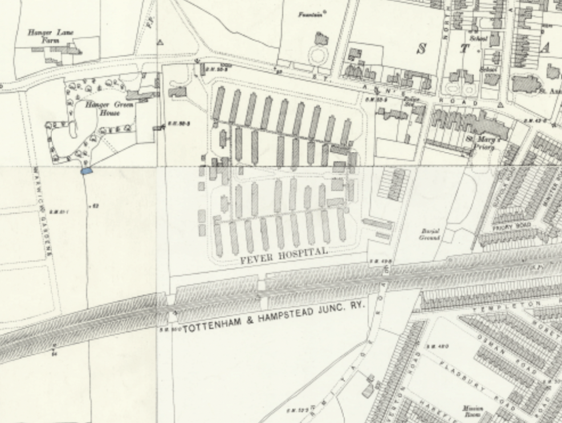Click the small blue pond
coord(86,170)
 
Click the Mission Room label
coord(474,411)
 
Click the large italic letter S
coord(422,48)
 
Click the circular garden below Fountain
coord(317,56)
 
